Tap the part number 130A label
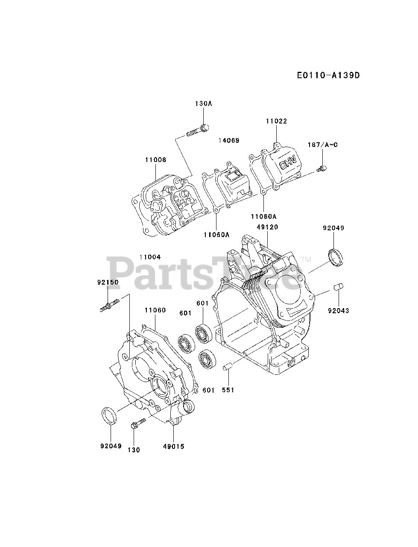203,103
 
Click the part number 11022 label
276,121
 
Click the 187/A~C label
323,145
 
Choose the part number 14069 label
229,140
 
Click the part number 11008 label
155,160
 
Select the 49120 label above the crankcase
267,227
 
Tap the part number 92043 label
339,311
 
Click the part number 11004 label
150,257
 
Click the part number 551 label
228,390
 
